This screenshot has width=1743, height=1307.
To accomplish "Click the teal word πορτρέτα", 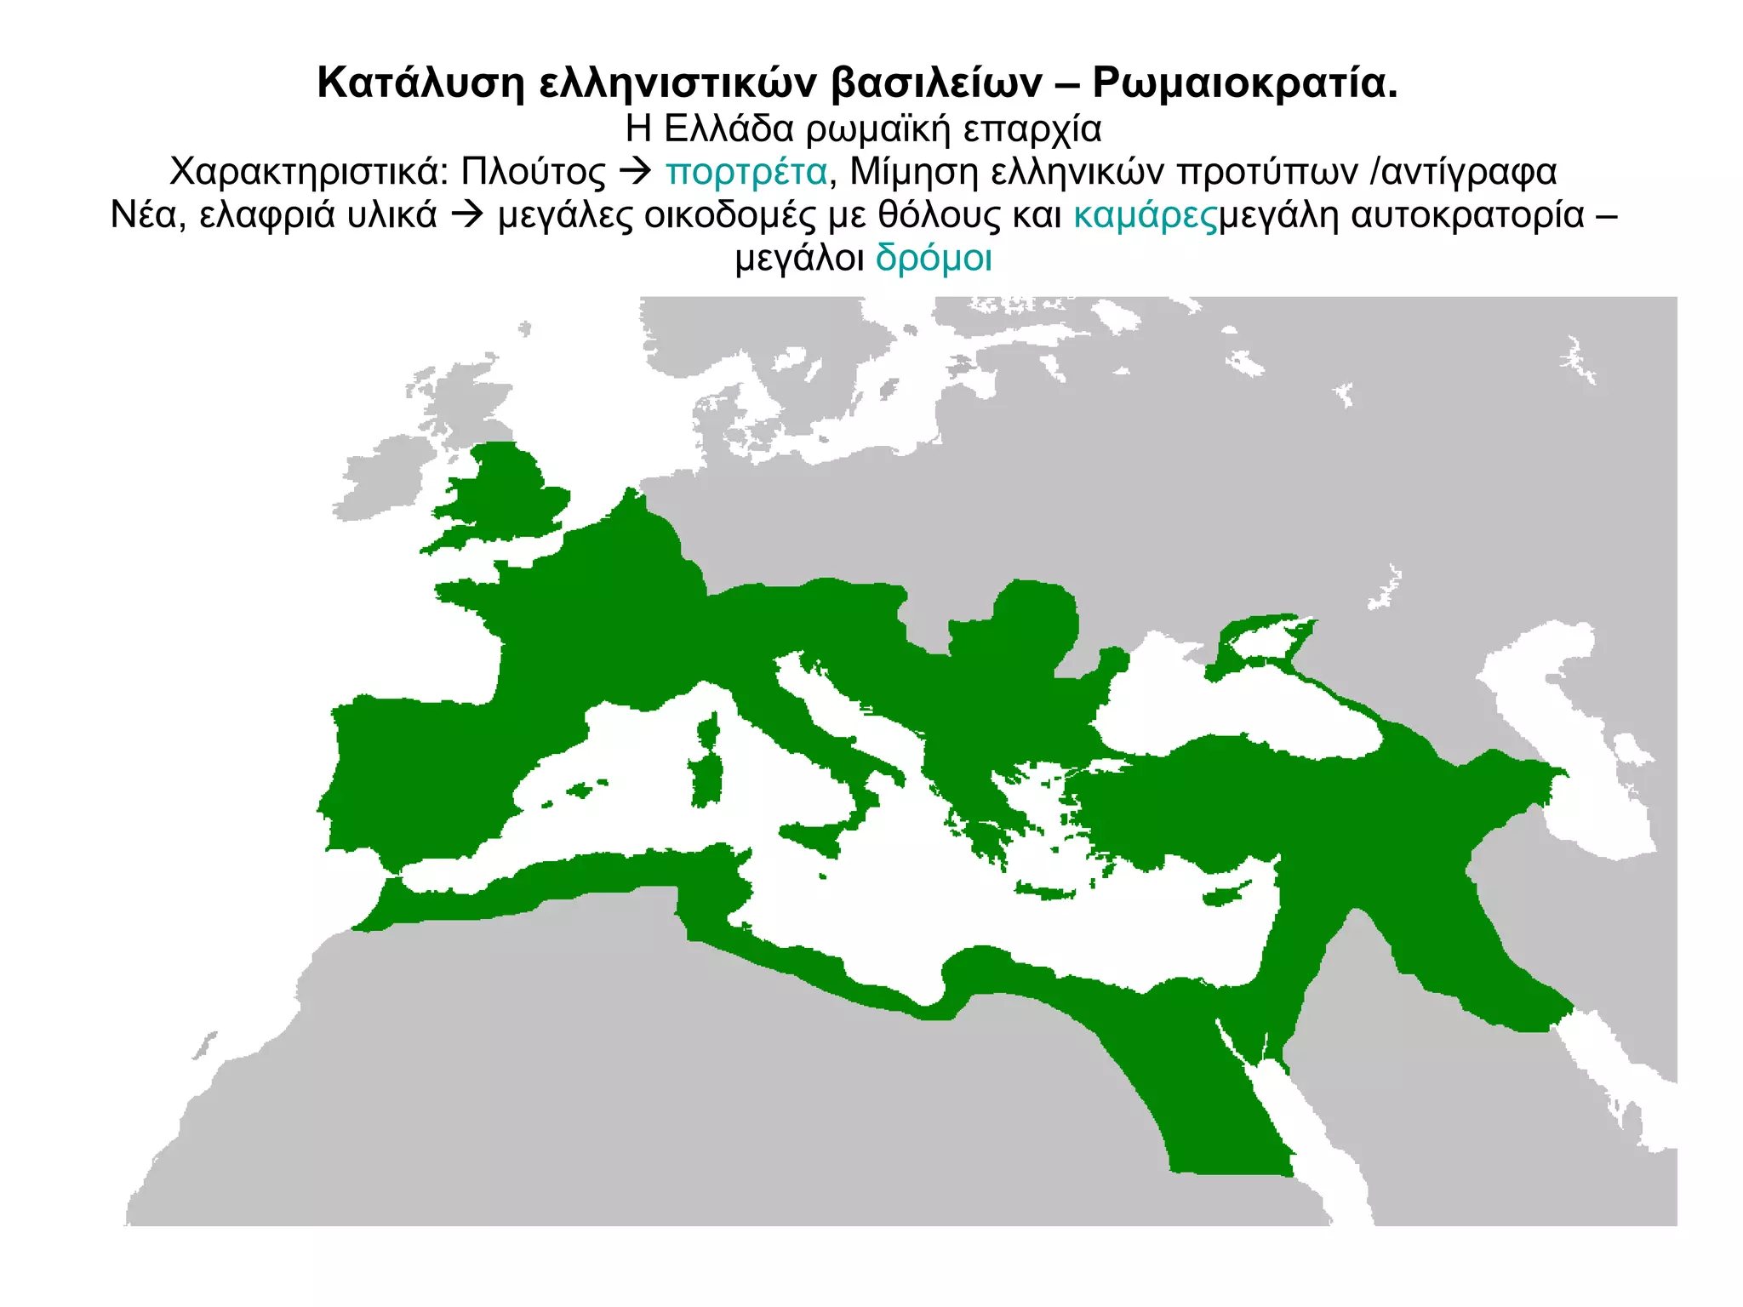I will tap(746, 172).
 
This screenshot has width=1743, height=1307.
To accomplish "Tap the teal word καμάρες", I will tap(1146, 215).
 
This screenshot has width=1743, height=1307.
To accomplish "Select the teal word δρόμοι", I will tap(934, 258).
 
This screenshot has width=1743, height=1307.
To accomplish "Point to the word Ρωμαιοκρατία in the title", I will tap(1244, 83).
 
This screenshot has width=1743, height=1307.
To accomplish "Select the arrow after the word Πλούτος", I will tap(635, 172).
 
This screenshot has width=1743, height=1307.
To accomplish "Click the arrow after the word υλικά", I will tap(466, 215).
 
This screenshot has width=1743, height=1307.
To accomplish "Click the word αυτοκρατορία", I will tap(1467, 215).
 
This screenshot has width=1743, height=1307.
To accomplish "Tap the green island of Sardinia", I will tap(706, 779).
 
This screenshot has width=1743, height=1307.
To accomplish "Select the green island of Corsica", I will tap(708, 730).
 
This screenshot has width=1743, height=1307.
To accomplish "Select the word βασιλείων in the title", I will tap(937, 83).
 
